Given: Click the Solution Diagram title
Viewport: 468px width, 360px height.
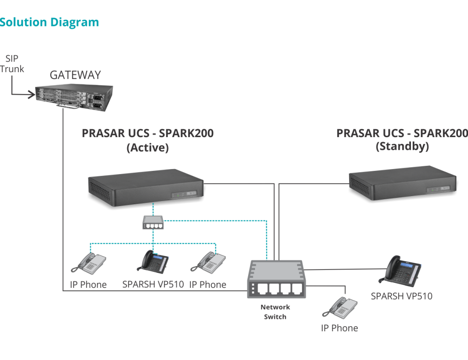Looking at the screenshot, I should click(49, 22).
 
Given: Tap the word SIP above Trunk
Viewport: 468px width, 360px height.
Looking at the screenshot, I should click(12, 58).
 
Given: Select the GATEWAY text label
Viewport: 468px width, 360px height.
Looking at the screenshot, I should click(75, 75).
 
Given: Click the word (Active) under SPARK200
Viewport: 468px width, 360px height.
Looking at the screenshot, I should click(148, 148).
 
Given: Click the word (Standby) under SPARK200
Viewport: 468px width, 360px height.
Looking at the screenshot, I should click(402, 147).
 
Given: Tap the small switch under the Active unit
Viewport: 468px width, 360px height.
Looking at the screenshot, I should click(153, 222).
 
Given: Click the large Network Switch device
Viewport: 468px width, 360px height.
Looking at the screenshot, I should click(275, 279).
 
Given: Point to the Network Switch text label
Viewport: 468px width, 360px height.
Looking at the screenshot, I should click(275, 312).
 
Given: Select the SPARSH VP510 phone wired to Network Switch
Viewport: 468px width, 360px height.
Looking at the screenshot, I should click(400, 270).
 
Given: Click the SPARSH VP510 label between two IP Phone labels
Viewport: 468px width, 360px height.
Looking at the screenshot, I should click(153, 284).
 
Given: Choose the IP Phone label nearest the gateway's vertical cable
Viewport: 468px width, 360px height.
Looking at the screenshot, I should click(88, 285).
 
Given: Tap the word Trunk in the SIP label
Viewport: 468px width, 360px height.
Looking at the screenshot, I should click(12, 69).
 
